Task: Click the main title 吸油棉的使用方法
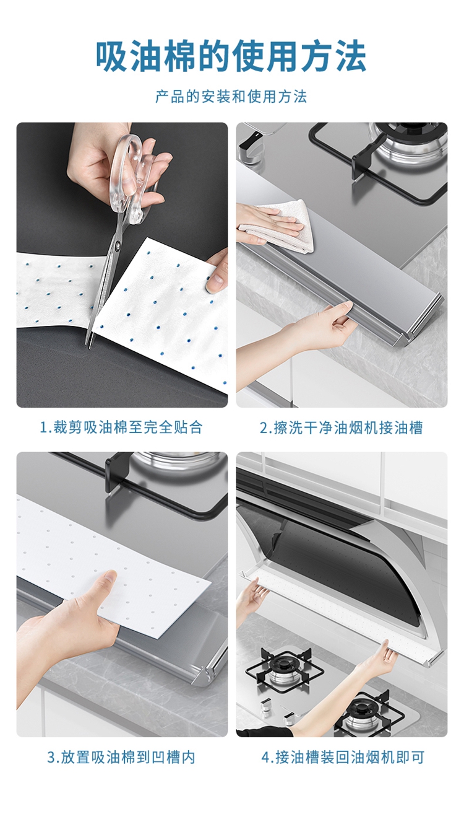(x=231, y=57)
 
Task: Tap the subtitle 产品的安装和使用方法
(x=231, y=97)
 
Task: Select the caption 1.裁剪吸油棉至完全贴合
(x=121, y=427)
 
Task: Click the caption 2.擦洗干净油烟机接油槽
(x=341, y=427)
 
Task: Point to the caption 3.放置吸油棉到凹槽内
(x=121, y=757)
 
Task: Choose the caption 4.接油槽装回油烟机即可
(x=342, y=757)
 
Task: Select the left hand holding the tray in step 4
(x=251, y=598)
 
